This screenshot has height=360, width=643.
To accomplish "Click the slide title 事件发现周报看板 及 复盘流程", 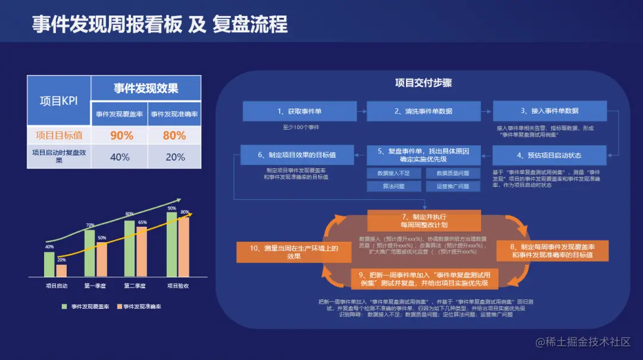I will tap(160, 24).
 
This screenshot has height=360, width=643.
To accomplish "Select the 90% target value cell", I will tap(121, 136).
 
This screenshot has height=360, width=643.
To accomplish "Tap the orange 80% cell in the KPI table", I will tap(174, 136).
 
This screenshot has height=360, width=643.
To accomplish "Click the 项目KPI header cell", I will tap(58, 101).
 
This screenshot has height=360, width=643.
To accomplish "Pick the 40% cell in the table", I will tap(120, 157).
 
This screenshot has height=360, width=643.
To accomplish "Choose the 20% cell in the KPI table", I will tap(174, 157).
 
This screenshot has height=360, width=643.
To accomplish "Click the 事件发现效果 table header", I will tap(146, 89).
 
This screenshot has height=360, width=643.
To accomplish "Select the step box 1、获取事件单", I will tap(299, 111).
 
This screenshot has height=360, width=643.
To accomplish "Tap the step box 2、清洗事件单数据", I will tap(423, 111).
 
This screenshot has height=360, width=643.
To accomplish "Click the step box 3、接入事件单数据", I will tap(550, 111).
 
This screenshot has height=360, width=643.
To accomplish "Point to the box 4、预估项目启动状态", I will tap(550, 155).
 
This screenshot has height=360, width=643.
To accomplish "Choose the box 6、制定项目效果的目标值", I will tap(297, 155).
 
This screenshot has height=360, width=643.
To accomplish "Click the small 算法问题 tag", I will tap(394, 186).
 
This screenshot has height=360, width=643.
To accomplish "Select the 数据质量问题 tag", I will tap(453, 173).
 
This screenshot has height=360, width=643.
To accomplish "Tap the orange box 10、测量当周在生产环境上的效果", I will tap(286, 252).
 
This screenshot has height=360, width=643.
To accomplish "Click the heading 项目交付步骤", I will tap(423, 83).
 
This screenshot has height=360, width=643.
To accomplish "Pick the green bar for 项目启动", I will tap(49, 265).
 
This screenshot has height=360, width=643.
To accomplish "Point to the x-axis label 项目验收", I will tap(178, 286).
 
